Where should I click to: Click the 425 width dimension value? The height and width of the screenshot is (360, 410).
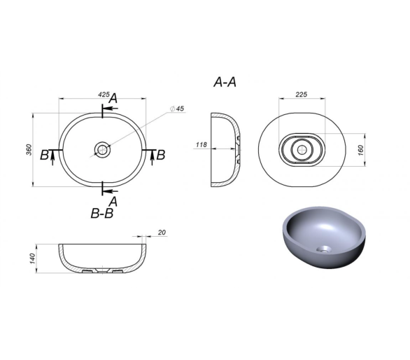pyautogui.click(x=104, y=95)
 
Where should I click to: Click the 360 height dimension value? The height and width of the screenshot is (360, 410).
pyautogui.click(x=29, y=150)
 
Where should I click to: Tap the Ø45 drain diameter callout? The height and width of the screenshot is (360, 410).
pyautogui.click(x=177, y=109)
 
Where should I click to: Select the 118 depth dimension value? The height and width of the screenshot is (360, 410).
pyautogui.click(x=202, y=144)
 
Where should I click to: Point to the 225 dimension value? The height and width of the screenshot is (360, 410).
pyautogui.click(x=302, y=95)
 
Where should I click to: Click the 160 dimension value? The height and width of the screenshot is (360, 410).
pyautogui.click(x=360, y=150)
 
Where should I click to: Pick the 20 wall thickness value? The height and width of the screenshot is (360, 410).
pyautogui.click(x=162, y=233)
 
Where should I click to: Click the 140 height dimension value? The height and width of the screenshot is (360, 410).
pyautogui.click(x=32, y=258)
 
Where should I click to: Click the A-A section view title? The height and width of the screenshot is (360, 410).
pyautogui.click(x=225, y=82)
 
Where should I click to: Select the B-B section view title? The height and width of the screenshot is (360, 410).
pyautogui.click(x=102, y=214)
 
